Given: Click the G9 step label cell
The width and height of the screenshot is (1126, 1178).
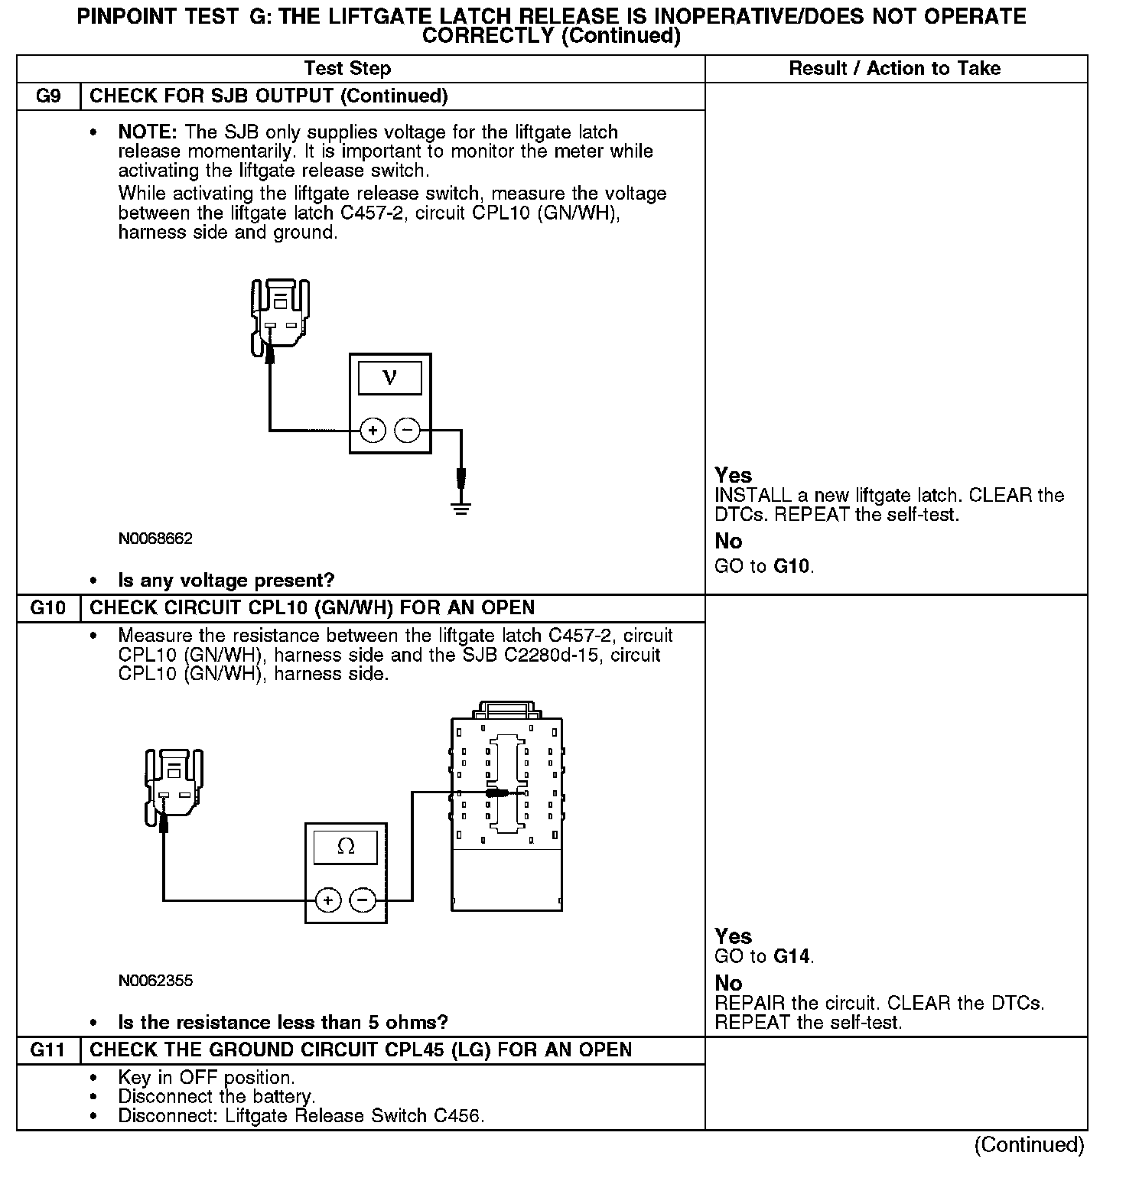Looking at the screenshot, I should (48, 96).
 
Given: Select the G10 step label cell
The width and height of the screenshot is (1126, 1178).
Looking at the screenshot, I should (48, 608).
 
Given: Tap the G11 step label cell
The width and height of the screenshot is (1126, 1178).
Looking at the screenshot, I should (48, 1050).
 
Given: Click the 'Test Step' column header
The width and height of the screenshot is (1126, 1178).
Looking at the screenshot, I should (347, 69).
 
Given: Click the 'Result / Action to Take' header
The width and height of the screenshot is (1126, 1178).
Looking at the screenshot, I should (894, 69).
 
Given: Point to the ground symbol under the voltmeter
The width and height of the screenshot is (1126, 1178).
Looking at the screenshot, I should (461, 507).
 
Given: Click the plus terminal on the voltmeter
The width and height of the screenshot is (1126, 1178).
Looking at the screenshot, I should (373, 431).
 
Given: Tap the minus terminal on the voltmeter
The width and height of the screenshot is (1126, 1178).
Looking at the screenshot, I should (407, 431).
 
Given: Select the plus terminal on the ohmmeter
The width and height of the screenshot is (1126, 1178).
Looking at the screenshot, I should (328, 900).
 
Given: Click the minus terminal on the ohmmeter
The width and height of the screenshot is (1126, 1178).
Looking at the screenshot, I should (363, 900).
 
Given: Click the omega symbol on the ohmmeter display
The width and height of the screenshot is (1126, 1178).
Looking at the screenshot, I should (346, 847).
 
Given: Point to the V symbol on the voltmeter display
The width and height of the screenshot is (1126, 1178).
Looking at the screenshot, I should (390, 377).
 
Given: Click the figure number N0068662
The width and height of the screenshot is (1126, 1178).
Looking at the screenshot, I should (155, 539).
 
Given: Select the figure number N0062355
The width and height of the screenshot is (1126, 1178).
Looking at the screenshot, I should (155, 981).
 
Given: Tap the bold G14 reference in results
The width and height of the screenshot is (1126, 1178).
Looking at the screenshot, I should (792, 956).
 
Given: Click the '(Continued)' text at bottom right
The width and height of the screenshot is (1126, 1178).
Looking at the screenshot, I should (1029, 1144).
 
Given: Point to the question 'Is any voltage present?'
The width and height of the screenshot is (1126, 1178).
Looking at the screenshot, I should (226, 581).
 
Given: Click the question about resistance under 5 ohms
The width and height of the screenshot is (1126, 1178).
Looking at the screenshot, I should (282, 1023).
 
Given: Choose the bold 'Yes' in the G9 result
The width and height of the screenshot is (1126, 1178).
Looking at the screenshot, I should (733, 475).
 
